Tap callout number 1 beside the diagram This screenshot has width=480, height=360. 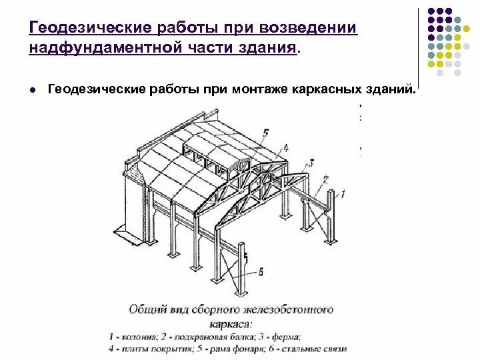(x=342, y=193)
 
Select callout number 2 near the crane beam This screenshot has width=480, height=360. (x=325, y=179)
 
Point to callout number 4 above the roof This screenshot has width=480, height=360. (x=285, y=147)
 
